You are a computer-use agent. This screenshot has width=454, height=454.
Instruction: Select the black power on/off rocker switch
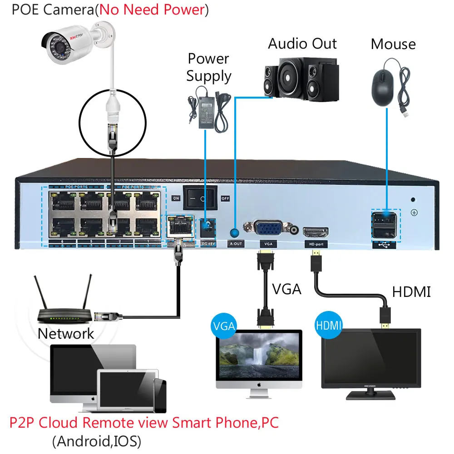click(x=200, y=198)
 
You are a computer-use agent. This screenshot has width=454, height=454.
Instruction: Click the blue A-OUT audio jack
click(x=235, y=233)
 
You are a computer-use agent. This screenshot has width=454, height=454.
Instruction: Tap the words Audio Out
click(x=302, y=44)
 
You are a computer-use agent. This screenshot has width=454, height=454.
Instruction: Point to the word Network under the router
click(x=66, y=334)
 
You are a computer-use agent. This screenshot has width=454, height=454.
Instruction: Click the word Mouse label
click(x=393, y=44)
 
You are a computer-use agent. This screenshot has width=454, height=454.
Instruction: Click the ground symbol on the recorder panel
click(x=414, y=212)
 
